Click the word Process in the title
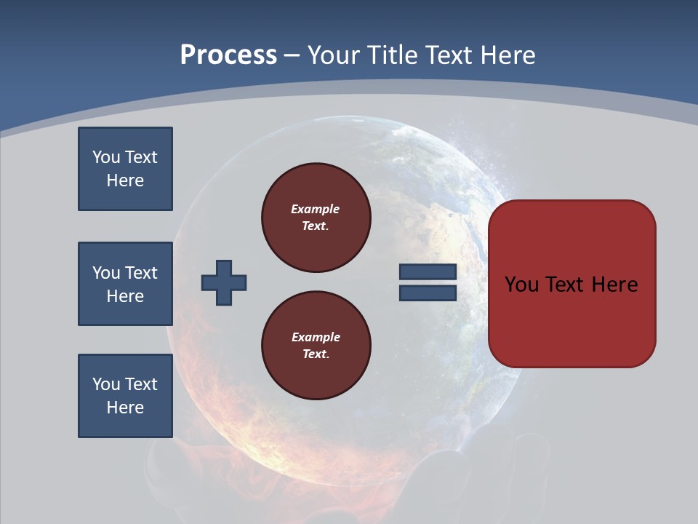click(228, 55)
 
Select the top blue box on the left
click(125, 169)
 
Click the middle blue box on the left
click(125, 284)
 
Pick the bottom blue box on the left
click(125, 396)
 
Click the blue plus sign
click(224, 282)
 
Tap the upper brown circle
click(316, 218)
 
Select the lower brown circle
click(316, 346)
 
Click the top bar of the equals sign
click(428, 271)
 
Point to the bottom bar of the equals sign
click(428, 293)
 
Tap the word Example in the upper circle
click(315, 209)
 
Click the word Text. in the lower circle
click(316, 354)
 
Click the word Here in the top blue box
click(125, 180)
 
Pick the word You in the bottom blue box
click(105, 384)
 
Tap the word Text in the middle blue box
click(140, 273)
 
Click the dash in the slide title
click(292, 55)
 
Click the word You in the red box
click(521, 284)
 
